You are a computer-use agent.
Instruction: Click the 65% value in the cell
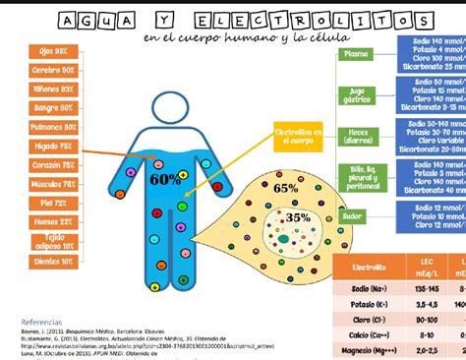point(285,187)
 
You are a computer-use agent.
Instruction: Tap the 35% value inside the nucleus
point(297,217)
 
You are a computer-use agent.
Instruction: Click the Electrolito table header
point(370,267)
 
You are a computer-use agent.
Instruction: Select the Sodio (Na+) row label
point(370,290)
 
